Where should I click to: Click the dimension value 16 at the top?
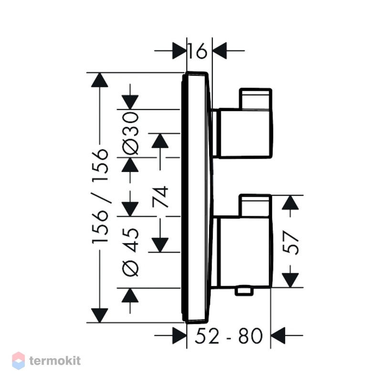pos(198,51)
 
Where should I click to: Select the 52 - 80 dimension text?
pos(229,336)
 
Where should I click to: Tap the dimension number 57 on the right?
pos(290,243)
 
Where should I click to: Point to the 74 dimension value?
pos(160,197)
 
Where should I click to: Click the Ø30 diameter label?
pos(130,133)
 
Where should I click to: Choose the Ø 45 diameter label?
pos(130,252)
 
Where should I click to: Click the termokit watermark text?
pos(55,361)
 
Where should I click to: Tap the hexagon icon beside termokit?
pos(19,361)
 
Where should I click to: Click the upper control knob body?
pos(245,134)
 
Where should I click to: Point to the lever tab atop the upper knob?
pos(255,98)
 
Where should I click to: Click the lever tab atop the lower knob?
pos(255,205)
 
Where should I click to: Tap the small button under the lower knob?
pos(244,291)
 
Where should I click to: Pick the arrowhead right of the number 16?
pos(220,51)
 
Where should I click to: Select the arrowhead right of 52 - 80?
pos(278,336)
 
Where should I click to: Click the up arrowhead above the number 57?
pos(290,202)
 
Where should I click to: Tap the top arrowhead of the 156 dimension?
pos(100,80)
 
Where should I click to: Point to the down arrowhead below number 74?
pos(160,245)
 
